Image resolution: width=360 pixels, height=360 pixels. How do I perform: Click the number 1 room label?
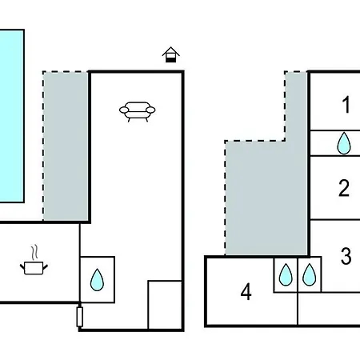click(346, 105)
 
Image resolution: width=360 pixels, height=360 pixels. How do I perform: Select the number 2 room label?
click(344, 188)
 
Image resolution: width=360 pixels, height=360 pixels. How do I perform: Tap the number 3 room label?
click(346, 256)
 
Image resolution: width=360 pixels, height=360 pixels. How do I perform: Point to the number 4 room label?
click(246, 292)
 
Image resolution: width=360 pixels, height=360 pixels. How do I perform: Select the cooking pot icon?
click(34, 268)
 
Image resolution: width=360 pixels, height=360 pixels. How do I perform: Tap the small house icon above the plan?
click(171, 54)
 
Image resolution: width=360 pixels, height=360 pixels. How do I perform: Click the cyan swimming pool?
click(11, 116)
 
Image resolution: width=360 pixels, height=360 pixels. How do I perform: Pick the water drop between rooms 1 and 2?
click(344, 143)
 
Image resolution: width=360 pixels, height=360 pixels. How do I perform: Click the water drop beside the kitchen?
click(97, 279)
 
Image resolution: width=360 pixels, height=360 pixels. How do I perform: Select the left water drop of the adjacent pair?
click(286, 274)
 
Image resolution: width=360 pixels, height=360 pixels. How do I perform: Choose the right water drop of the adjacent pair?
click(310, 274)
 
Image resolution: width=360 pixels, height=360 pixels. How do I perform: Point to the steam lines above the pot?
click(34, 253)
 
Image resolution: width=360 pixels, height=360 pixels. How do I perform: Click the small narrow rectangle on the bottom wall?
click(79, 317)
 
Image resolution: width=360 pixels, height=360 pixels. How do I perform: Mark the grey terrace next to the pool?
click(66, 146)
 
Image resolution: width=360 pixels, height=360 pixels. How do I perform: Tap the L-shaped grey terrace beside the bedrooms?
click(266, 198)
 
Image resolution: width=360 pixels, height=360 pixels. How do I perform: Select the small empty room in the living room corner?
click(165, 305)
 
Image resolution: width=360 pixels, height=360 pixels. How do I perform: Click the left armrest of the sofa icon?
click(124, 110)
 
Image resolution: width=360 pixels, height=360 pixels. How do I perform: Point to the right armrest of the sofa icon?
click(150, 110)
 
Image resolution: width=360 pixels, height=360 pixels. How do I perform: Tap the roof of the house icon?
click(171, 51)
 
